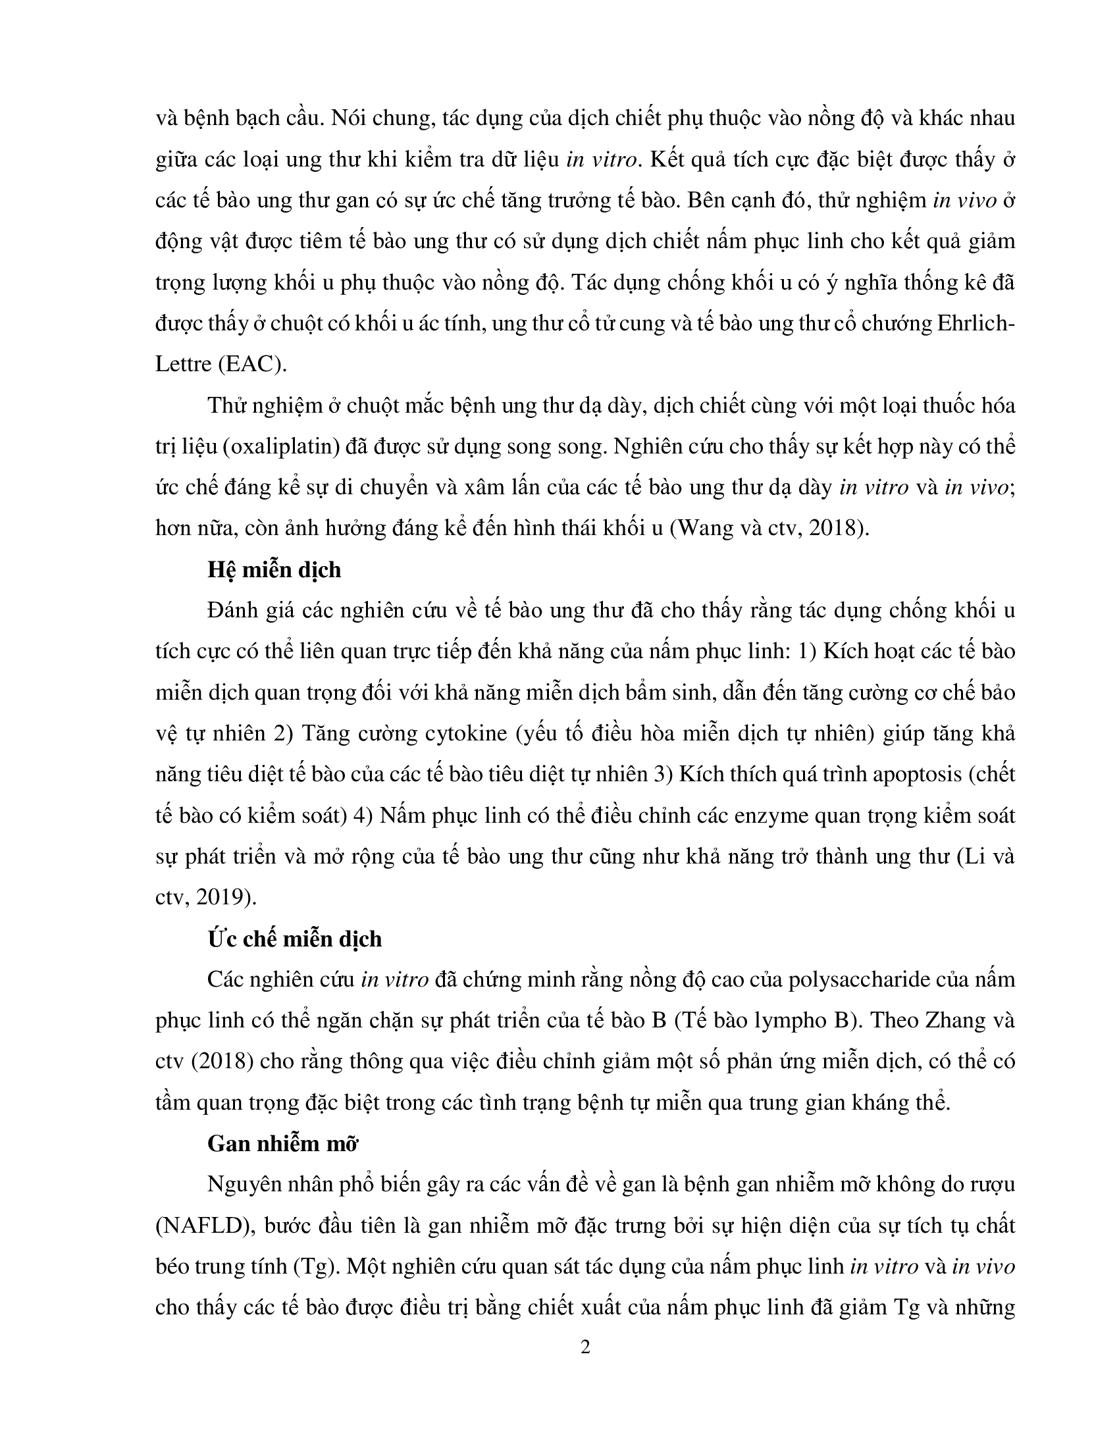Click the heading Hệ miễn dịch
pos(274,569)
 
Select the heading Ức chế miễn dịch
pos(294,939)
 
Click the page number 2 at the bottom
pos(585,1347)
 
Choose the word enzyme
pos(761,815)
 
